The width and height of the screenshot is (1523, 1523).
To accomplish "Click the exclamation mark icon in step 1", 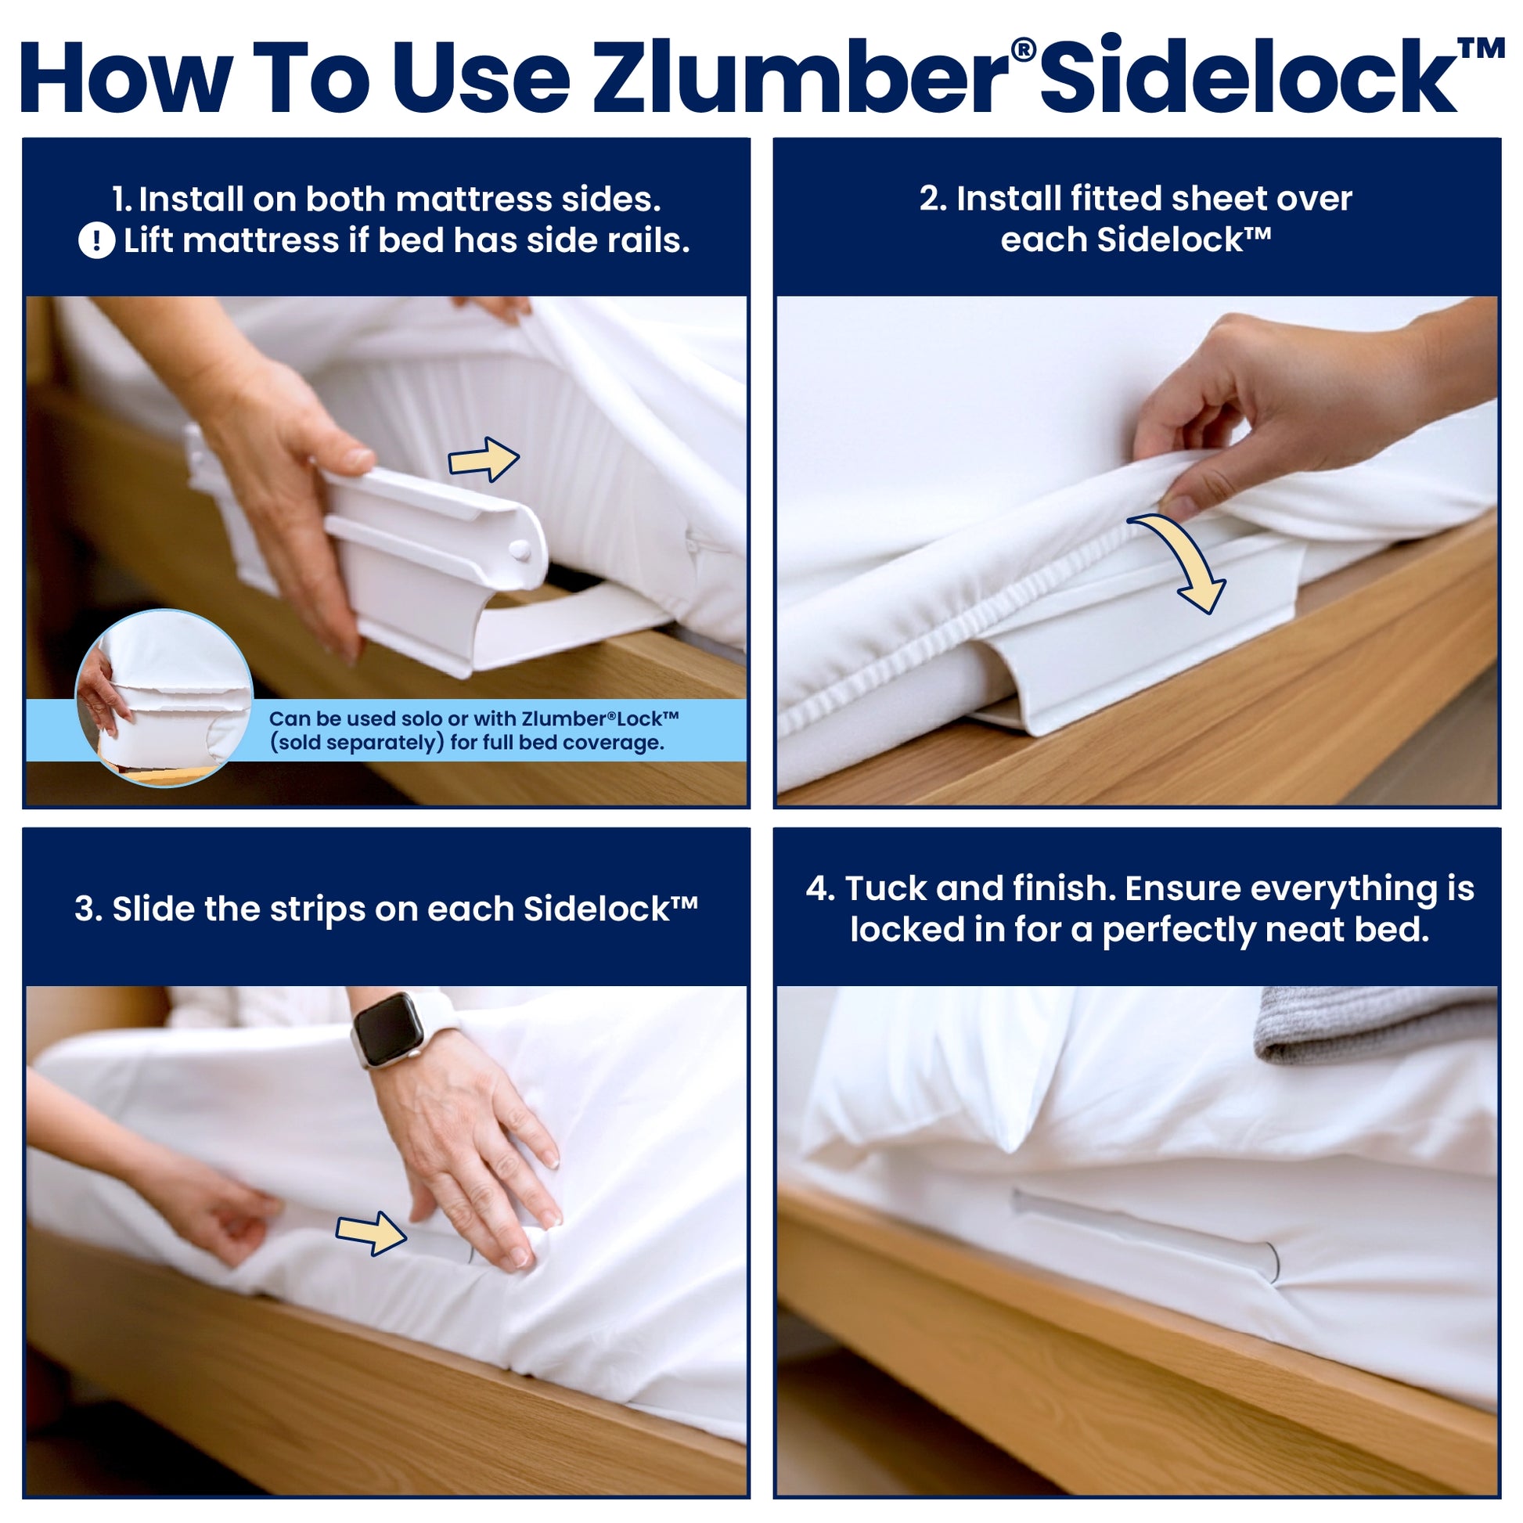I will tap(97, 240).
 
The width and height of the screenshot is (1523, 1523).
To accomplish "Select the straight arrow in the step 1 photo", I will tap(483, 459).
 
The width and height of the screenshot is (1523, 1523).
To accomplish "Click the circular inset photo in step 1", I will tap(164, 697).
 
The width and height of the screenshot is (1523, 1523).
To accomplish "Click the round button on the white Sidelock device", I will tap(520, 549).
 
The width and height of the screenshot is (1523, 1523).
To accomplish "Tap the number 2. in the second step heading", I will tap(933, 199).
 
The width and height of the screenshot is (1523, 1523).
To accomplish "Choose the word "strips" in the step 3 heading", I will tap(318, 909).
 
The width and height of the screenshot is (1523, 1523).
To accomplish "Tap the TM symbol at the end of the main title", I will tap(1481, 49).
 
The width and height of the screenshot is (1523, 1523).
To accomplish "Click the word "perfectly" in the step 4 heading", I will tap(1179, 931).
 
